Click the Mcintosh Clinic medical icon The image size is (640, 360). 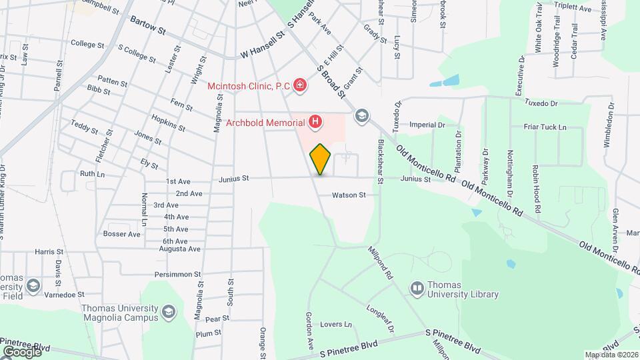(x=300, y=85)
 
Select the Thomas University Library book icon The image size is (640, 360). (x=417, y=288)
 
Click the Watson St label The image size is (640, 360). (x=350, y=195)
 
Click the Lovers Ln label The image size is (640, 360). (x=335, y=325)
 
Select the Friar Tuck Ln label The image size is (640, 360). (x=544, y=127)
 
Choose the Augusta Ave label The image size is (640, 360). (x=181, y=249)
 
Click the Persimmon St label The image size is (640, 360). (x=177, y=274)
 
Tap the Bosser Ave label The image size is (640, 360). (x=122, y=234)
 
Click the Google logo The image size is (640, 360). (x=21, y=351)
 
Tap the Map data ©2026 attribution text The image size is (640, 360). (x=611, y=354)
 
